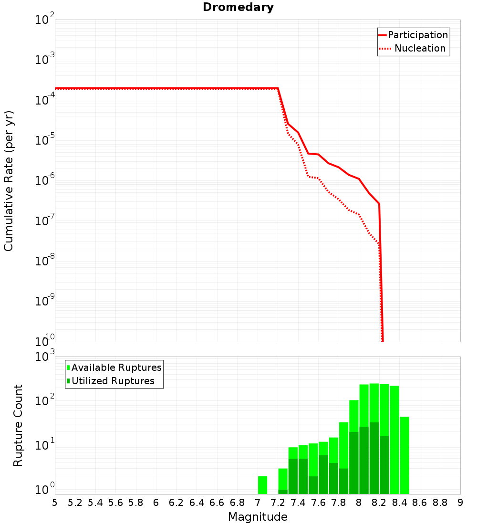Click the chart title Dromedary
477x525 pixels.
tap(238, 7)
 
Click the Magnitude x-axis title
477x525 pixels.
tap(258, 517)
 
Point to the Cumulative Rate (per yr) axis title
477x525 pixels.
tap(9, 181)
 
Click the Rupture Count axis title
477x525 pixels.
tap(18, 425)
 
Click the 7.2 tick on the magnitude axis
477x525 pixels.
tap(278, 503)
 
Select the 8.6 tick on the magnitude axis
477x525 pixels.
tap(420, 503)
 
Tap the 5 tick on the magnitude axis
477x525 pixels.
tap(55, 503)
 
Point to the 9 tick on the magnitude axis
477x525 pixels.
tap(460, 503)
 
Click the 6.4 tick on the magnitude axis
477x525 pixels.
tap(197, 503)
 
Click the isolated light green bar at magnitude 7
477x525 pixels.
tap(262, 485)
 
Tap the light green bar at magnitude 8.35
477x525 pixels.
tap(394, 439)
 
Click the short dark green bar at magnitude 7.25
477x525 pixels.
tap(283, 492)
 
